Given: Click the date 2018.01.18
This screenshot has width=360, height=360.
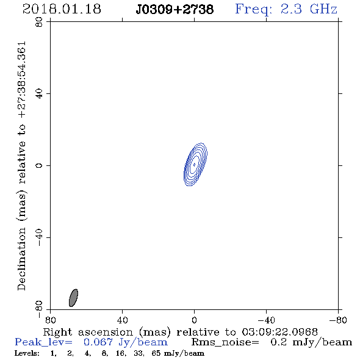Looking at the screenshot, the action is click(x=62, y=9).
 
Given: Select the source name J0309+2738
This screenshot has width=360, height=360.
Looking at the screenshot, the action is click(x=175, y=10).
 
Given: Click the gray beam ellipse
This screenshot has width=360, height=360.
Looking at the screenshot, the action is click(x=73, y=298).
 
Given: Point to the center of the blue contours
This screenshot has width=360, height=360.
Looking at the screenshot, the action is click(x=195, y=164).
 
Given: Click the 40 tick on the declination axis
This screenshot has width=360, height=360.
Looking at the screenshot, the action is click(x=39, y=94).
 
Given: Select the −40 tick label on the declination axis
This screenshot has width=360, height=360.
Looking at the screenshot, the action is click(x=39, y=237).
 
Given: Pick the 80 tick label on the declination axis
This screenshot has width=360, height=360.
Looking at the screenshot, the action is click(x=39, y=22).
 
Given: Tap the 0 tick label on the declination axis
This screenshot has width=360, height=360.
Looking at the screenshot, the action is click(x=39, y=165).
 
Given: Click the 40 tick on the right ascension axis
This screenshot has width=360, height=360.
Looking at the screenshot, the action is click(x=122, y=320).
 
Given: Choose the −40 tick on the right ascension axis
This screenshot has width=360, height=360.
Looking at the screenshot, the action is click(x=266, y=320).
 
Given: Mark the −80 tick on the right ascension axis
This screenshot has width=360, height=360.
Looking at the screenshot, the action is click(x=338, y=320).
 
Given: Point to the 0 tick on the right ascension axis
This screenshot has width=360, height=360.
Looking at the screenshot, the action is click(x=194, y=320).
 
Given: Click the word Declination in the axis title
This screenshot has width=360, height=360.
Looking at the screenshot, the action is click(x=21, y=259).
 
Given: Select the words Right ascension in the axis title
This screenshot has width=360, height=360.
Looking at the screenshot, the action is click(x=88, y=332).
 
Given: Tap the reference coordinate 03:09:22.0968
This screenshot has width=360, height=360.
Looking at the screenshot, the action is click(x=279, y=332).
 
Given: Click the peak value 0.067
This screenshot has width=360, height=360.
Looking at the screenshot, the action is click(x=98, y=342).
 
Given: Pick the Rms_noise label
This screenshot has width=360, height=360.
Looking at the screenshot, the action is click(x=225, y=342).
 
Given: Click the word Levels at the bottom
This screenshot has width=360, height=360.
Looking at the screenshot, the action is click(x=27, y=353).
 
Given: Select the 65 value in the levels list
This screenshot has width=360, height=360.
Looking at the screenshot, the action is click(x=156, y=353).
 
